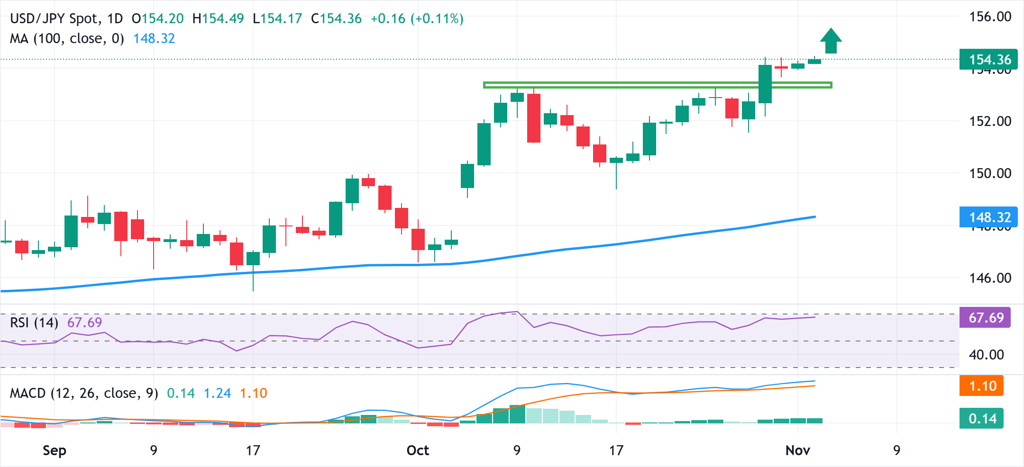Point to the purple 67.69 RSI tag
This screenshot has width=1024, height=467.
pyautogui.click(x=985, y=317)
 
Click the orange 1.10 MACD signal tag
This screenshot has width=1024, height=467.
pyautogui.click(x=982, y=386)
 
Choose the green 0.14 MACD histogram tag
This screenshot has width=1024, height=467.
pyautogui.click(x=982, y=419)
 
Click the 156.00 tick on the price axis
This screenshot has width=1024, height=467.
pyautogui.click(x=990, y=17)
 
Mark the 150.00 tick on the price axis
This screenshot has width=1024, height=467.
pyautogui.click(x=990, y=173)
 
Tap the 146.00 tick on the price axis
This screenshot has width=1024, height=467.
pyautogui.click(x=990, y=278)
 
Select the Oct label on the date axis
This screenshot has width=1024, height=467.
pyautogui.click(x=418, y=450)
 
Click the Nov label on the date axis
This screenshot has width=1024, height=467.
pyautogui.click(x=797, y=450)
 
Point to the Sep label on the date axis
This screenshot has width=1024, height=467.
pyautogui.click(x=55, y=450)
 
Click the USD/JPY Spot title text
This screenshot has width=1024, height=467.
pyautogui.click(x=55, y=19)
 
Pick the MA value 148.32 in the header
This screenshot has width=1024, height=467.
pyautogui.click(x=154, y=38)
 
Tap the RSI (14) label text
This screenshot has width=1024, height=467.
pyautogui.click(x=34, y=323)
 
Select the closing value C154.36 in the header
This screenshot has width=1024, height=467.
pyautogui.click(x=336, y=19)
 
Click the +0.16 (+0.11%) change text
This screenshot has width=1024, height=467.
pyautogui.click(x=417, y=19)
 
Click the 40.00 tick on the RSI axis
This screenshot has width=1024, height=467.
pyautogui.click(x=986, y=355)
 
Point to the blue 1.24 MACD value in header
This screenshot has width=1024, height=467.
pyautogui.click(x=217, y=393)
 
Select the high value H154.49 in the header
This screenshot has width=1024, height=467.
pyautogui.click(x=218, y=19)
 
